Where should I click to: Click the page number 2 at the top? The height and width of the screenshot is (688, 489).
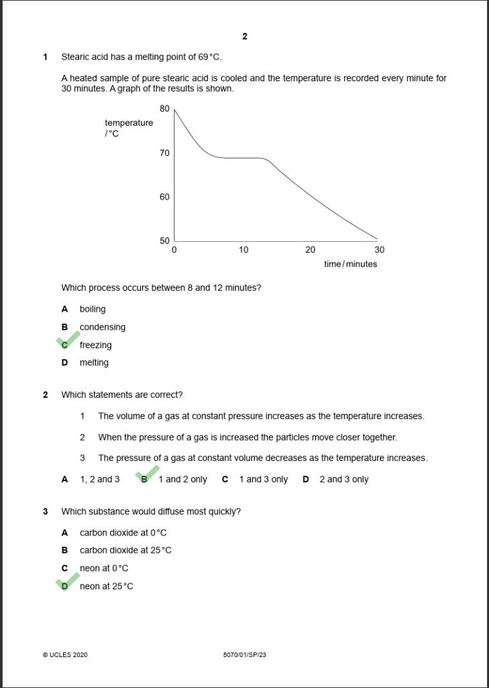(245, 36)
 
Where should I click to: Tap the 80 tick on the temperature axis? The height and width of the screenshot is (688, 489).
(164, 108)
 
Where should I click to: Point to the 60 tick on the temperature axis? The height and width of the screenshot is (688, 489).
(164, 197)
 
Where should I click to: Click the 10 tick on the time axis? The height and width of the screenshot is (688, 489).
(243, 250)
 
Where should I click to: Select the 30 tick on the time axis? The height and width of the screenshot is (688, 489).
(379, 250)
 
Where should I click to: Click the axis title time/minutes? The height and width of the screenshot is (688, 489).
(350, 264)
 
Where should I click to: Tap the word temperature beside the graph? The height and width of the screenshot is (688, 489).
(129, 123)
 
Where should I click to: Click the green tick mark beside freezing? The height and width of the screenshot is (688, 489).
(68, 341)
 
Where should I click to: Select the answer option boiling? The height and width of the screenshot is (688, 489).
(93, 309)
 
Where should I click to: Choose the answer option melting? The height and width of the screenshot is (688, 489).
(94, 363)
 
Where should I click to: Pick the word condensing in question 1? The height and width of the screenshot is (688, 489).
(103, 327)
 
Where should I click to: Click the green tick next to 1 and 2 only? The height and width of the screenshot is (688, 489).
(147, 475)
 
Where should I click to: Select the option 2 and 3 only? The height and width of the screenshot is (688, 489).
(343, 479)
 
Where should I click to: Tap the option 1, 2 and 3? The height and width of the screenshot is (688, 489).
(100, 479)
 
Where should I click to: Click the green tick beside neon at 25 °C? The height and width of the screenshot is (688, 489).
(68, 582)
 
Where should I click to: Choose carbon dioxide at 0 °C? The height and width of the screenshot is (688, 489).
(123, 533)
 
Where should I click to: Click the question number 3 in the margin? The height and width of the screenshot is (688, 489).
(46, 511)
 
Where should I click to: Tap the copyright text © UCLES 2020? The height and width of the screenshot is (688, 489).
(65, 654)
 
